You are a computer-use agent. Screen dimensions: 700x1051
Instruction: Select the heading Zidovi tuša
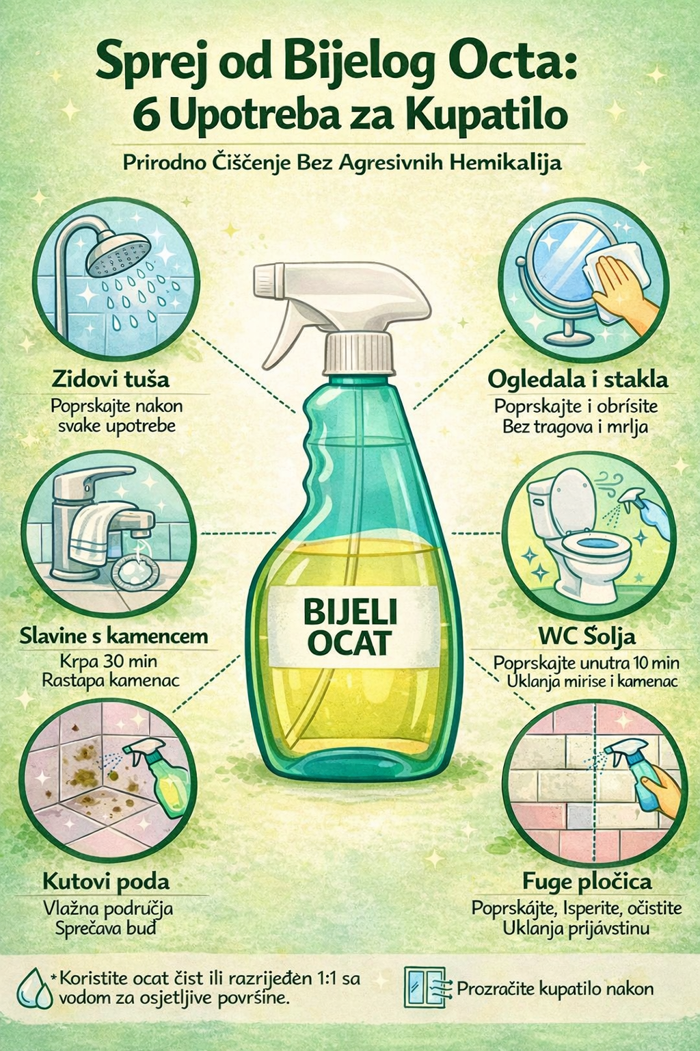[x=111, y=379]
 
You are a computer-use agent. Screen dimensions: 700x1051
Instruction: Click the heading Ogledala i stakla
[x=578, y=380]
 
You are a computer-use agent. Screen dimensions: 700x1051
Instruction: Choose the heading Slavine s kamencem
[x=114, y=636]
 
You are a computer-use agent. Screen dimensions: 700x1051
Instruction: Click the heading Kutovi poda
[x=106, y=882]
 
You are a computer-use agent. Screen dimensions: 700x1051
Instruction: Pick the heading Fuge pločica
[x=587, y=882]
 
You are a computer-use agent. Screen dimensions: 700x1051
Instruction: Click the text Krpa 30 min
[x=109, y=662]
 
